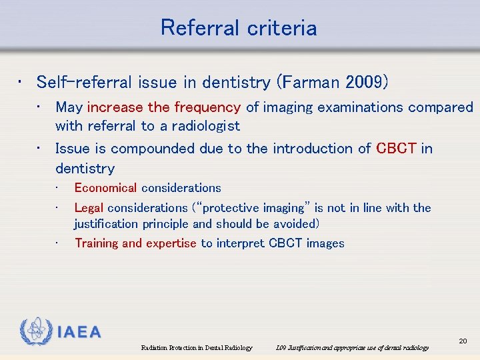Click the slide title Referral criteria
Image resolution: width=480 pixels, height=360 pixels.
[239, 28]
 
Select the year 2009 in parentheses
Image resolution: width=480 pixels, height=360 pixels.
[364, 83]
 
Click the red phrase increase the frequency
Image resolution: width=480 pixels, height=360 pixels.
[163, 107]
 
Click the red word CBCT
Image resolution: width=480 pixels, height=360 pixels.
[397, 149]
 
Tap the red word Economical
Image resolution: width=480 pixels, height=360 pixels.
[105, 188]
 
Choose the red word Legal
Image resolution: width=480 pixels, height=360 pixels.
[89, 208]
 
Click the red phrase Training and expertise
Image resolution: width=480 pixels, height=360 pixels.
[135, 243]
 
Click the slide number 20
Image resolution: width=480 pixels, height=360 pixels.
[463, 341]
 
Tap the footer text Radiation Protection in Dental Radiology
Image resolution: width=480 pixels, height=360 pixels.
[197, 348]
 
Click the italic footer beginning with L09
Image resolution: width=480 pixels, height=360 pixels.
[352, 348]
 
